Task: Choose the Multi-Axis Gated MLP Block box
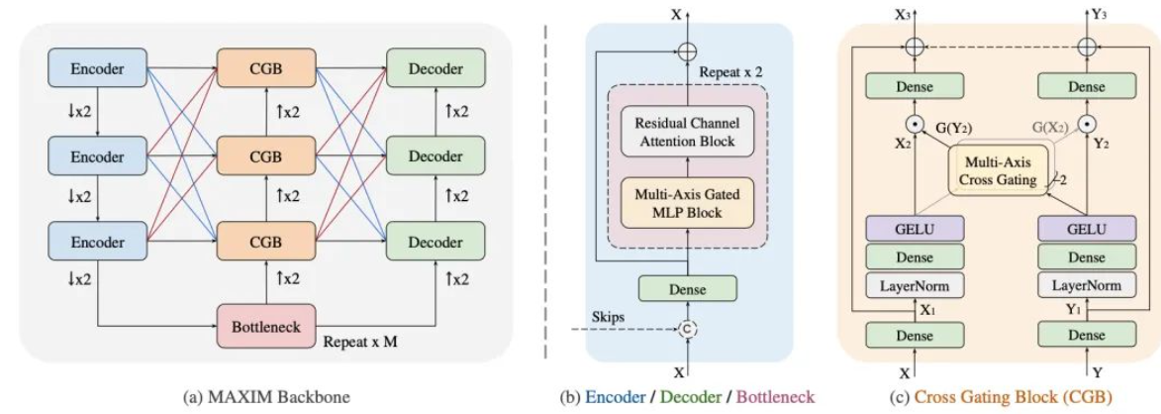tap(688, 202)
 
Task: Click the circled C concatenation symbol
tap(688, 329)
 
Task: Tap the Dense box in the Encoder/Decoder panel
tap(688, 287)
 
